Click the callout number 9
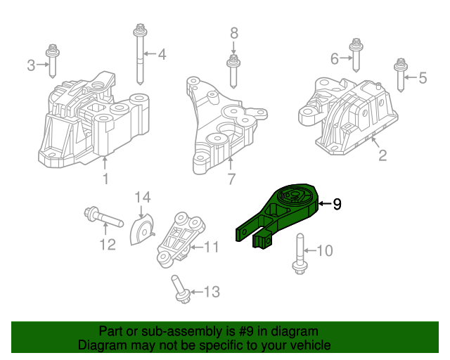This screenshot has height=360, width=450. [337, 205]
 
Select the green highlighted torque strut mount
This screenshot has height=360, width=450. [278, 214]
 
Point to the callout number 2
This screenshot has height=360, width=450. [382, 156]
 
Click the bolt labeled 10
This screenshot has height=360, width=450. [298, 254]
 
